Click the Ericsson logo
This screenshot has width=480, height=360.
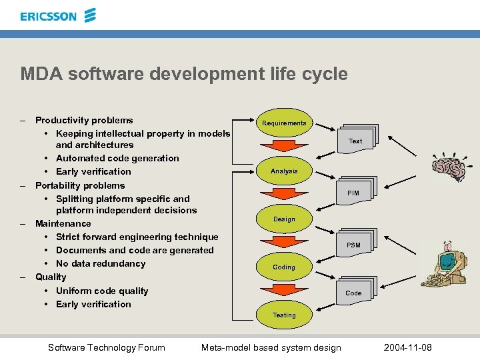[x=58, y=15]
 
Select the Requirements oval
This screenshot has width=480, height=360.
[x=284, y=123]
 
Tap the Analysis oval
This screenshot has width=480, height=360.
[x=284, y=171]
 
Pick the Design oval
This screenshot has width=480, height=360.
[x=284, y=219]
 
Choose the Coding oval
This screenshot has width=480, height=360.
[x=284, y=267]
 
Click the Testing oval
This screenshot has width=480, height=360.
[x=284, y=315]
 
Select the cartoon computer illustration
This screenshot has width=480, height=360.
[x=445, y=263]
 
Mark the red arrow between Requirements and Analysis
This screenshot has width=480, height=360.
[x=284, y=147]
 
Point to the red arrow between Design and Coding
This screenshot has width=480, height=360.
[x=284, y=243]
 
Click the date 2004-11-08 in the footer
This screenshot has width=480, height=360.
[x=408, y=347]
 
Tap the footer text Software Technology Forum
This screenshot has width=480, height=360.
[x=107, y=347]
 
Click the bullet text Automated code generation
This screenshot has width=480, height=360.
[x=117, y=158]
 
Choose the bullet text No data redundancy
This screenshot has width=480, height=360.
[x=101, y=263]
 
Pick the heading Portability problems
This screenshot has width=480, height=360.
[x=80, y=185]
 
